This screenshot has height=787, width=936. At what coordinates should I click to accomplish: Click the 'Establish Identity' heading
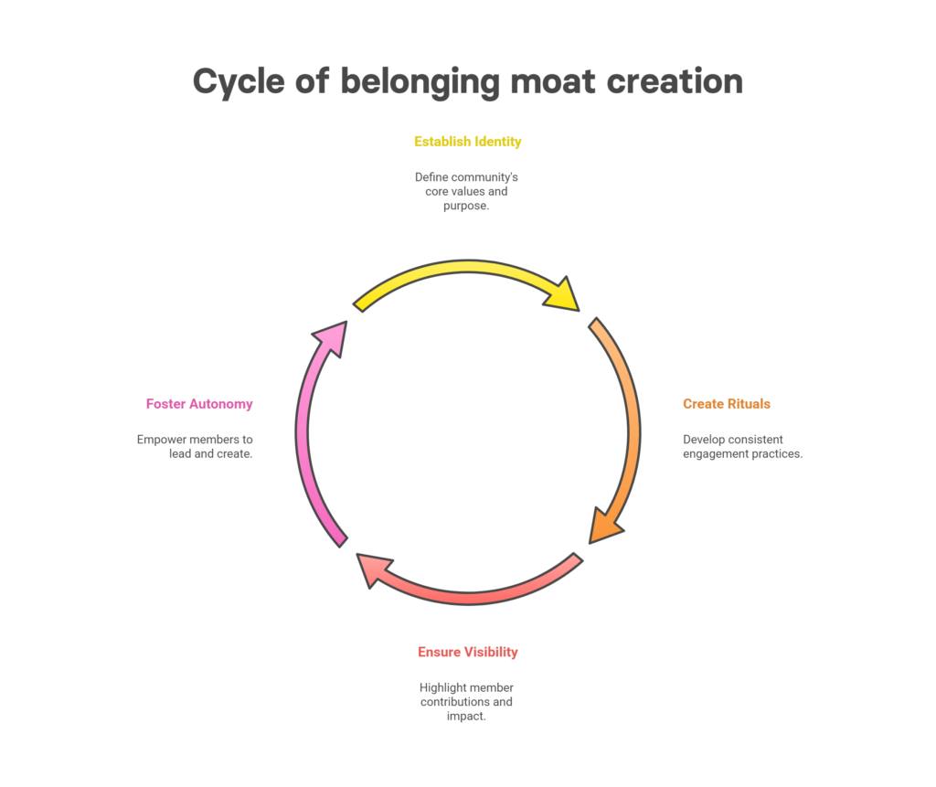[x=467, y=142]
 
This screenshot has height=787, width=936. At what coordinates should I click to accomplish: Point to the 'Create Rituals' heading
[x=726, y=404]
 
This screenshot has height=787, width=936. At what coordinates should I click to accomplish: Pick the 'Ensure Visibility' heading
[x=467, y=652]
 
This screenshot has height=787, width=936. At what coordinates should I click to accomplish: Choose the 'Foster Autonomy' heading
[x=199, y=404]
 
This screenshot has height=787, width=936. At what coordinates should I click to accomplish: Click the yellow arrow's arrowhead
[x=560, y=293]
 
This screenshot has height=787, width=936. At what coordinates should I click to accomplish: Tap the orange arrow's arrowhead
[x=604, y=525]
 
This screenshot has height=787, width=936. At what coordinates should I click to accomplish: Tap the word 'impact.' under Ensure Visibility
[x=466, y=717]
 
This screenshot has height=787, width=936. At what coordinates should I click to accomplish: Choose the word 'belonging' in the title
[x=420, y=80]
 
